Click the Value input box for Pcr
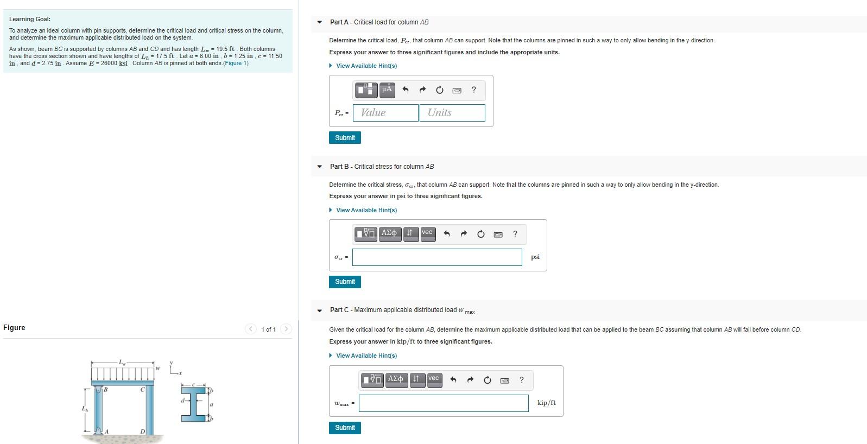pyautogui.click(x=385, y=113)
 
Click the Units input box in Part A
pyautogui.click(x=452, y=113)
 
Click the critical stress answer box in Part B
pyautogui.click(x=436, y=257)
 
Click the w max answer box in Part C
pyautogui.click(x=443, y=403)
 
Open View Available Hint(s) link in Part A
pyautogui.click(x=366, y=66)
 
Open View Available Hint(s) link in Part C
pyautogui.click(x=366, y=356)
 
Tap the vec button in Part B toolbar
pyautogui.click(x=427, y=233)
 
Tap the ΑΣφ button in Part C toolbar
pyautogui.click(x=396, y=379)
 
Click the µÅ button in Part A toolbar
pyautogui.click(x=387, y=90)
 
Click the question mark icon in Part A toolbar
pyautogui.click(x=474, y=90)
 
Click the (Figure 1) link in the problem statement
pyautogui.click(x=236, y=63)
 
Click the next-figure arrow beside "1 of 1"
pyautogui.click(x=287, y=329)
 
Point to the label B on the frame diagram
pyautogui.click(x=106, y=390)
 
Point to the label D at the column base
pyautogui.click(x=143, y=432)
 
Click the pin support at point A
pyautogui.click(x=99, y=430)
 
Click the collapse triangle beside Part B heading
pyautogui.click(x=320, y=167)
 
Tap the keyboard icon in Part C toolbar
pyautogui.click(x=504, y=380)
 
